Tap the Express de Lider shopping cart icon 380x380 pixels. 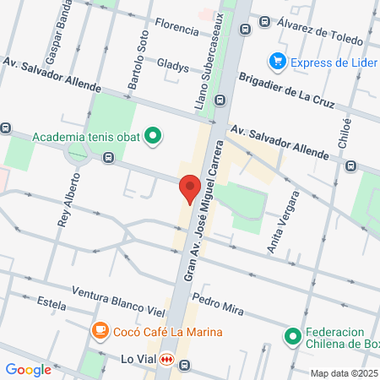pos(276,61)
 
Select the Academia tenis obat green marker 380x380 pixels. pos(153,136)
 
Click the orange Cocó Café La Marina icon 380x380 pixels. pos(100,331)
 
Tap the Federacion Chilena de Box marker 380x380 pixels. pos(292,337)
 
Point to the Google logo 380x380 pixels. pos(28,369)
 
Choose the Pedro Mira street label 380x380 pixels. pos(218,305)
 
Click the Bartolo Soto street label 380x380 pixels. pos(138,62)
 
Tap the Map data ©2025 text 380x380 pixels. pos(343,373)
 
